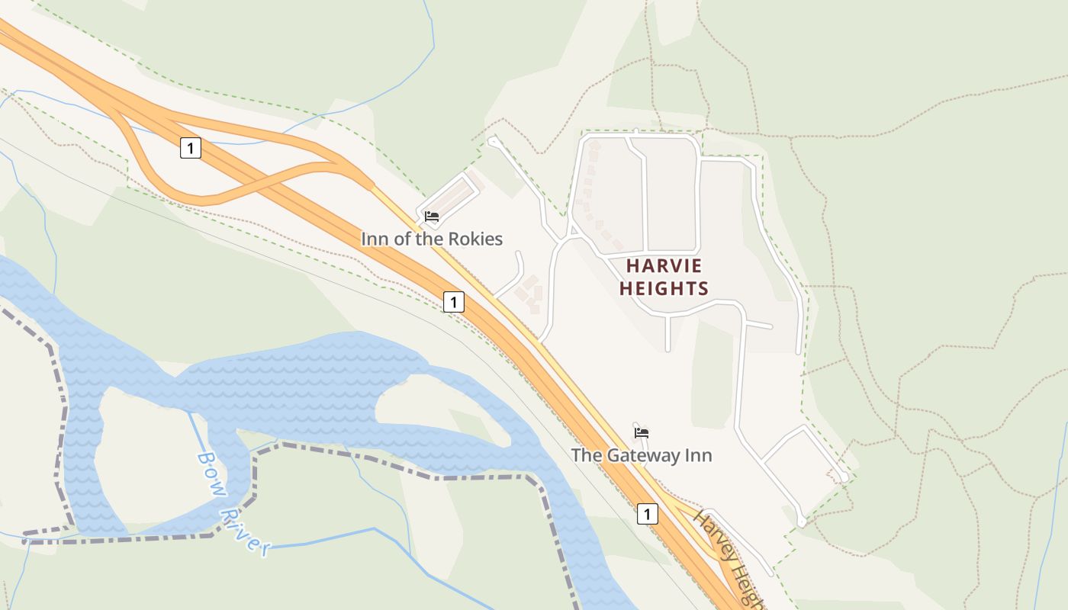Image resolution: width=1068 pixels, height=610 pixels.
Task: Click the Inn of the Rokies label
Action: (432, 239)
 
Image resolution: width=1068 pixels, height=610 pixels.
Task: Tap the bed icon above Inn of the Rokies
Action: (432, 217)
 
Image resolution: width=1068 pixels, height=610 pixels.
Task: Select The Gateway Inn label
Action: (642, 455)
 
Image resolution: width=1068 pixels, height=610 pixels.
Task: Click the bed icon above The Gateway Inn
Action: (642, 433)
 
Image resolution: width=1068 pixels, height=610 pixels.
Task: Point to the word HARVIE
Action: (664, 266)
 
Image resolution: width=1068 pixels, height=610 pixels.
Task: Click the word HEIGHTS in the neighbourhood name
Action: (664, 288)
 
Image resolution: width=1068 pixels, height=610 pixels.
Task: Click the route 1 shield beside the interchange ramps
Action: (191, 148)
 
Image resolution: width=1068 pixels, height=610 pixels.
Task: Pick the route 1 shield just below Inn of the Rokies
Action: (454, 302)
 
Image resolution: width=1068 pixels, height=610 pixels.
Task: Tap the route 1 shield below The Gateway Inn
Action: (647, 514)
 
